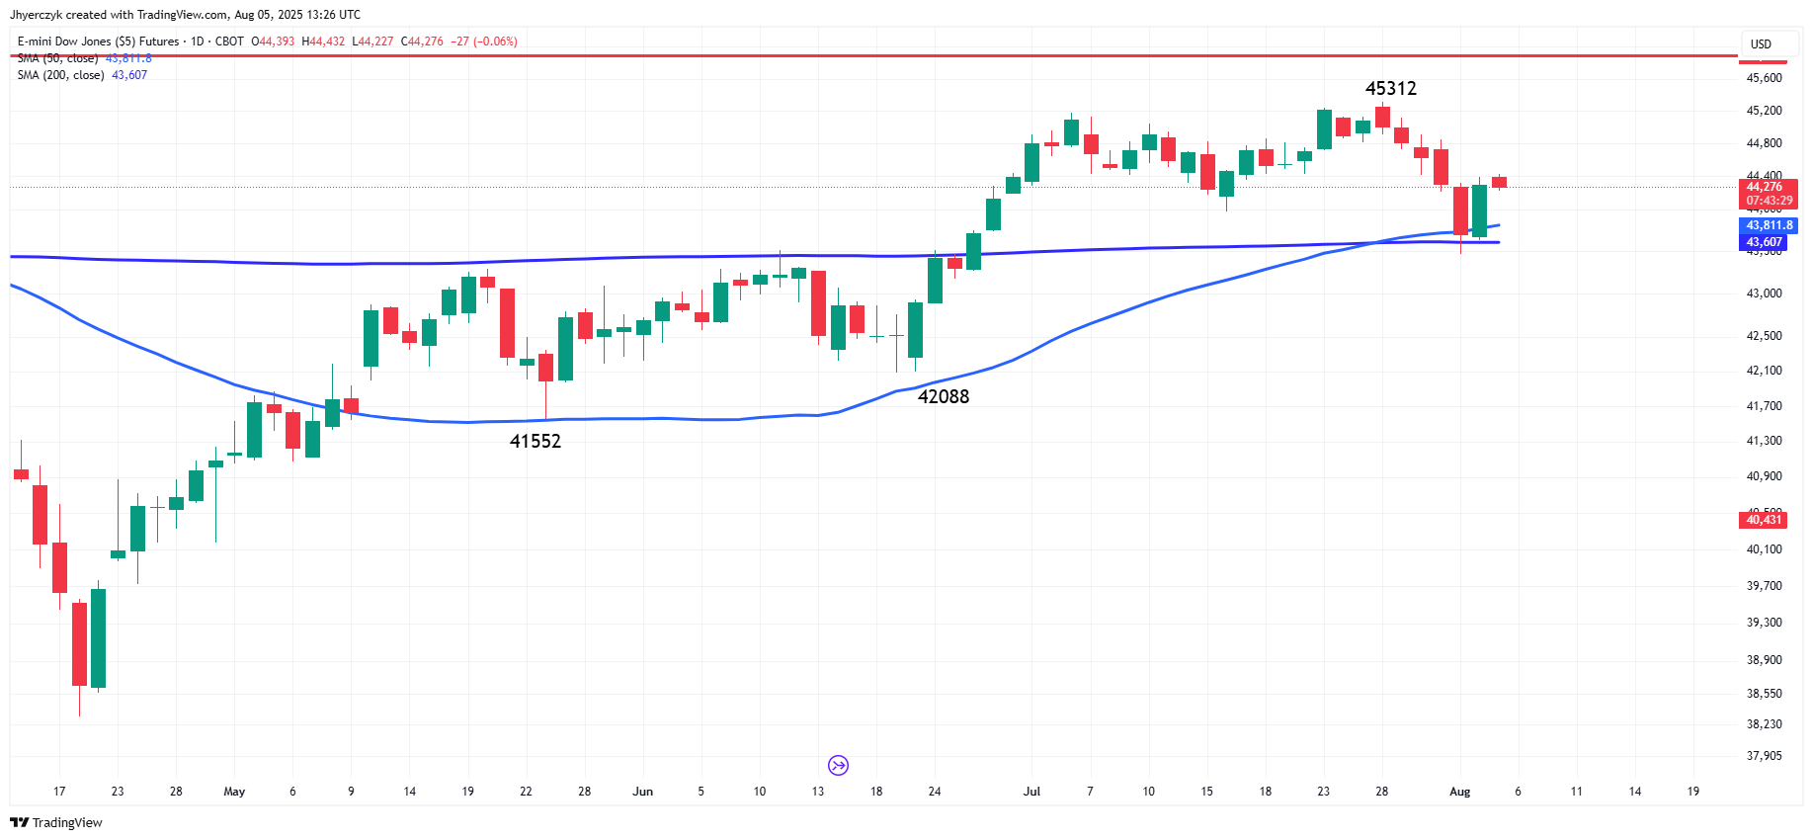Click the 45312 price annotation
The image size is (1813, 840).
pos(1390,89)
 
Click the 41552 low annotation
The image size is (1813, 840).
pos(535,442)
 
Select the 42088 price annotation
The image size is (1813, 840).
pos(943,397)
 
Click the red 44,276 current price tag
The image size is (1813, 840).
pos(1764,187)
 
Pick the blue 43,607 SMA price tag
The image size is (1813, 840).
pos(1764,242)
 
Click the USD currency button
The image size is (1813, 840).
pos(1761,44)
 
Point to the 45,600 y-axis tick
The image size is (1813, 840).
pos(1764,78)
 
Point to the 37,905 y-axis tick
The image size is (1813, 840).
pos(1764,756)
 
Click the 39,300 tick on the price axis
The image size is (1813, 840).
pos(1764,623)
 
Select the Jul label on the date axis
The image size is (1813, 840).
pos(1031,792)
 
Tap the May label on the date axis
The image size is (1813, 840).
pos(234,792)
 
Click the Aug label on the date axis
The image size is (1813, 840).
pos(1459,792)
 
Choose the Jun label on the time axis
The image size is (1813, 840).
pos(642,792)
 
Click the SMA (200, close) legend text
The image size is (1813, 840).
pos(61,75)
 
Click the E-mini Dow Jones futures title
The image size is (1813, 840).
pos(99,42)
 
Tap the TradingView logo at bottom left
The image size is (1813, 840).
pos(56,822)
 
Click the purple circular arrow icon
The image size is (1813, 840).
pos(838,765)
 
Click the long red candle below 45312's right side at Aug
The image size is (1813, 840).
pos(1460,210)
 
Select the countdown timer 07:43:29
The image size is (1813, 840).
pos(1769,201)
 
